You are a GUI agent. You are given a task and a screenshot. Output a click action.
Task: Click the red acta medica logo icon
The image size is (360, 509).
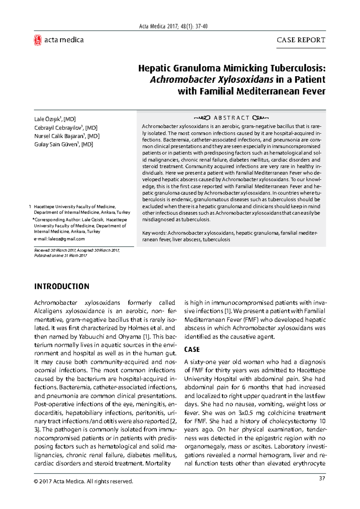[37, 40]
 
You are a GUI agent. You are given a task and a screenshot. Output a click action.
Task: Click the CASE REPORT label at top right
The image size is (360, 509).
[301, 40]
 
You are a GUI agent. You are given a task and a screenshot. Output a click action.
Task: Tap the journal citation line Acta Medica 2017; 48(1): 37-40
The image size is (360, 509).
[173, 26]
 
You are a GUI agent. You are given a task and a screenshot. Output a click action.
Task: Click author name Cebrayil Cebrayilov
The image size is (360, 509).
[58, 128]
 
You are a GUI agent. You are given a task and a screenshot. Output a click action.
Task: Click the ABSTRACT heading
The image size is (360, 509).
[231, 118]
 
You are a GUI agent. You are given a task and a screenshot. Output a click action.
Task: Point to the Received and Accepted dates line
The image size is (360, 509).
[77, 250]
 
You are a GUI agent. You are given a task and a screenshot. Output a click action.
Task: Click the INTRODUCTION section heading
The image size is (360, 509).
[61, 286]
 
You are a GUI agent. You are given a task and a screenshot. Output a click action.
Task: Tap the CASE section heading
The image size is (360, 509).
[192, 349]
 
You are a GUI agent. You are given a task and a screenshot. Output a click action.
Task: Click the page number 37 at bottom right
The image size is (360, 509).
[322, 478]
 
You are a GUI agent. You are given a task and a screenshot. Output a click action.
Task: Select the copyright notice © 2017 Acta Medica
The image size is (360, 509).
[83, 481]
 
